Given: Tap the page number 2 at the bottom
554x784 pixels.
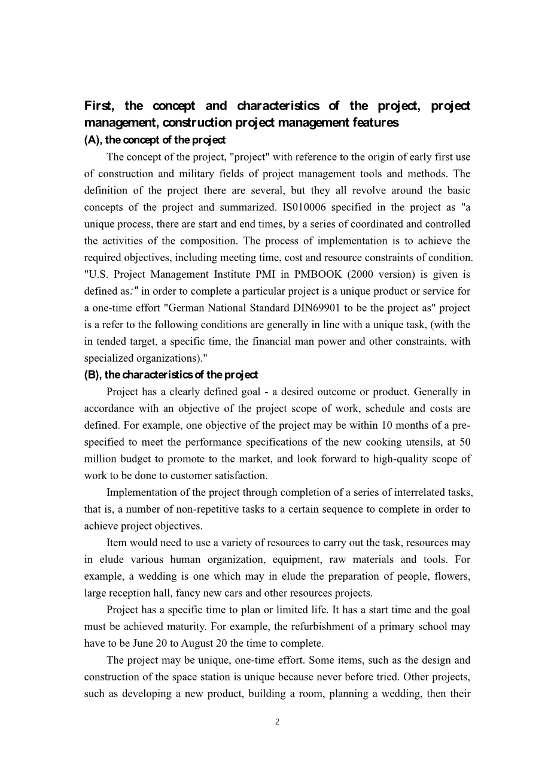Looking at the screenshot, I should (x=277, y=722).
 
